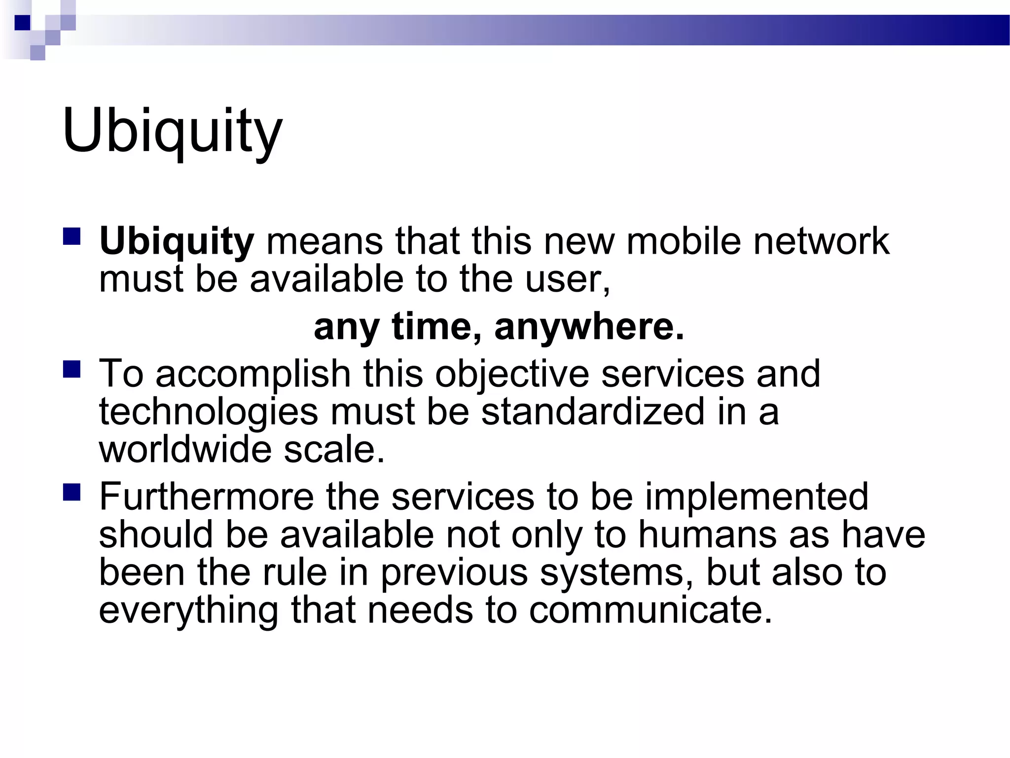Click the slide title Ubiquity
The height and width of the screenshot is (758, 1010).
(x=172, y=131)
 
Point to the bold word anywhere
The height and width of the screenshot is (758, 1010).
(x=589, y=327)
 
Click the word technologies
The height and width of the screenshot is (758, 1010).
(x=209, y=413)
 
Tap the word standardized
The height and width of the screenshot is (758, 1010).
(x=592, y=412)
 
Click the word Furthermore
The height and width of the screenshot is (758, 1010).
(x=206, y=496)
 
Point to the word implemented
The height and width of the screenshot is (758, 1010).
(x=757, y=496)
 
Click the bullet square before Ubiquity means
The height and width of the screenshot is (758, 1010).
(x=72, y=236)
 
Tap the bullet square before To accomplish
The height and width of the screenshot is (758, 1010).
(x=72, y=369)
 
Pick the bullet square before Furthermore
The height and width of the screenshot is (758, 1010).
(x=72, y=492)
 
